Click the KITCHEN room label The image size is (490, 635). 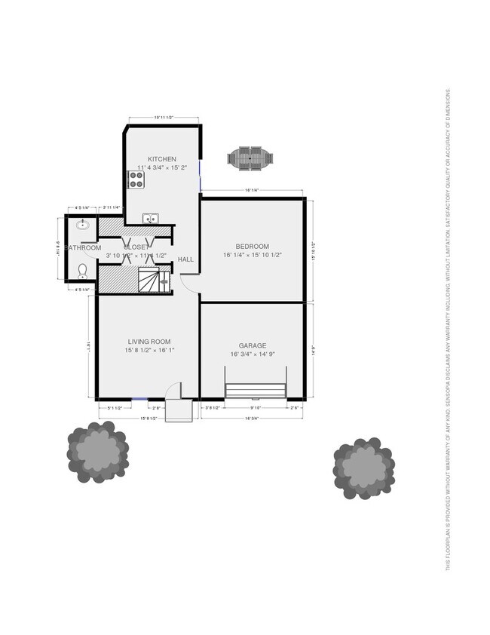click(162, 159)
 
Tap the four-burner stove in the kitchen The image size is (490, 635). click(136, 179)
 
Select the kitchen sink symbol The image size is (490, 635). click(151, 219)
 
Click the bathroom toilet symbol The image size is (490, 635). click(82, 269)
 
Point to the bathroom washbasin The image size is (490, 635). click(82, 224)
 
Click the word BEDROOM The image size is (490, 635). click(252, 247)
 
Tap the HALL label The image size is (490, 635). click(185, 259)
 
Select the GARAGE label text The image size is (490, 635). click(252, 345)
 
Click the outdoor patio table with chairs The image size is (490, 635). click(250, 158)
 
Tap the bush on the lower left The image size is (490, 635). click(96, 451)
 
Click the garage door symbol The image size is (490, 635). click(256, 390)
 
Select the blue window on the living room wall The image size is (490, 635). click(139, 399)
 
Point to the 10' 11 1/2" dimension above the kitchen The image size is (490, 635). click(164, 117)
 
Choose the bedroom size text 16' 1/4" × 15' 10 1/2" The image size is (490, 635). click(252, 256)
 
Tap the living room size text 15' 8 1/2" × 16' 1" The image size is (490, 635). click(149, 350)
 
